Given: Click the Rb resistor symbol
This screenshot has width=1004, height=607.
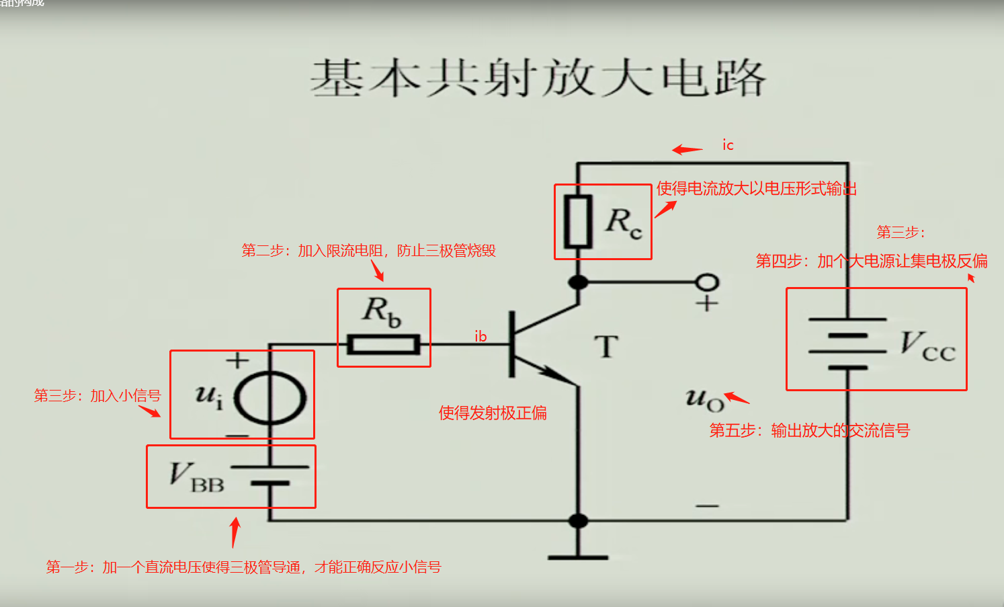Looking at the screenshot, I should pyautogui.click(x=383, y=345).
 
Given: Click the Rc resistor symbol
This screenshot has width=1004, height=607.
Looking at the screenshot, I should pyautogui.click(x=577, y=222).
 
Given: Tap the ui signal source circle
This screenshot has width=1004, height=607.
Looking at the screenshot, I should pyautogui.click(x=269, y=397).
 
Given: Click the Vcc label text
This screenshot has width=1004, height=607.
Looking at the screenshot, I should pyautogui.click(x=927, y=346).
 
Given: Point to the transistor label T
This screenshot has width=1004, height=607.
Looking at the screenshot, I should pyautogui.click(x=605, y=347).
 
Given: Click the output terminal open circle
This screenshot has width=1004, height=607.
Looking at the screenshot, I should pyautogui.click(x=707, y=282).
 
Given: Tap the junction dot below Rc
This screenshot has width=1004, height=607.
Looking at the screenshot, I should pyautogui.click(x=578, y=282).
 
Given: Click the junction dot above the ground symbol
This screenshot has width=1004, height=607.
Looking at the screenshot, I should pyautogui.click(x=578, y=520).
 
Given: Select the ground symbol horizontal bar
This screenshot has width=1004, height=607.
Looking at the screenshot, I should pyautogui.click(x=578, y=557).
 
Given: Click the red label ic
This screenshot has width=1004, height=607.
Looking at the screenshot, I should pyautogui.click(x=728, y=145).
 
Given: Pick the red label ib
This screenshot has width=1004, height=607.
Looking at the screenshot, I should pyautogui.click(x=480, y=336).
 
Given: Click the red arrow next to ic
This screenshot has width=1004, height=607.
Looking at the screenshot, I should pyautogui.click(x=687, y=149).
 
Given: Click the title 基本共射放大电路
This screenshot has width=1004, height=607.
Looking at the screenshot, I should pyautogui.click(x=538, y=78).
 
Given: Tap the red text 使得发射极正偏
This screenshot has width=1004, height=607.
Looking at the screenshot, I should pyautogui.click(x=493, y=413).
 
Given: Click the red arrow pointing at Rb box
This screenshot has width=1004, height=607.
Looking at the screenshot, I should pyautogui.click(x=378, y=270).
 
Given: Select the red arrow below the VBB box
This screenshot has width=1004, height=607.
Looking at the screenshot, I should pyautogui.click(x=235, y=532).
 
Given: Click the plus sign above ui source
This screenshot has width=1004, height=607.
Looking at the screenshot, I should pyautogui.click(x=237, y=361).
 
